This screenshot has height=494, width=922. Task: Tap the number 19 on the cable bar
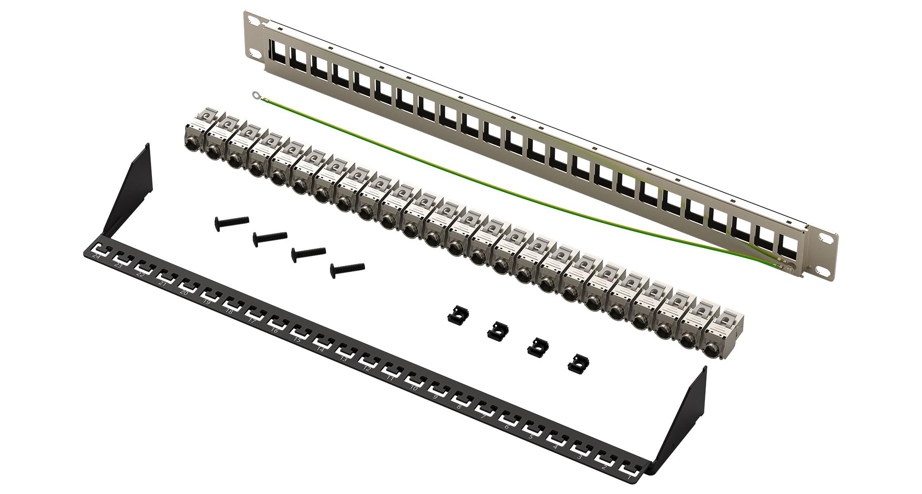click(x=206, y=302)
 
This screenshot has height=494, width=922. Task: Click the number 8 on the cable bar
click(x=459, y=406)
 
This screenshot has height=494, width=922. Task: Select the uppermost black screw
click(x=232, y=221)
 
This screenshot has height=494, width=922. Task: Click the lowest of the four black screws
click(x=347, y=268)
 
